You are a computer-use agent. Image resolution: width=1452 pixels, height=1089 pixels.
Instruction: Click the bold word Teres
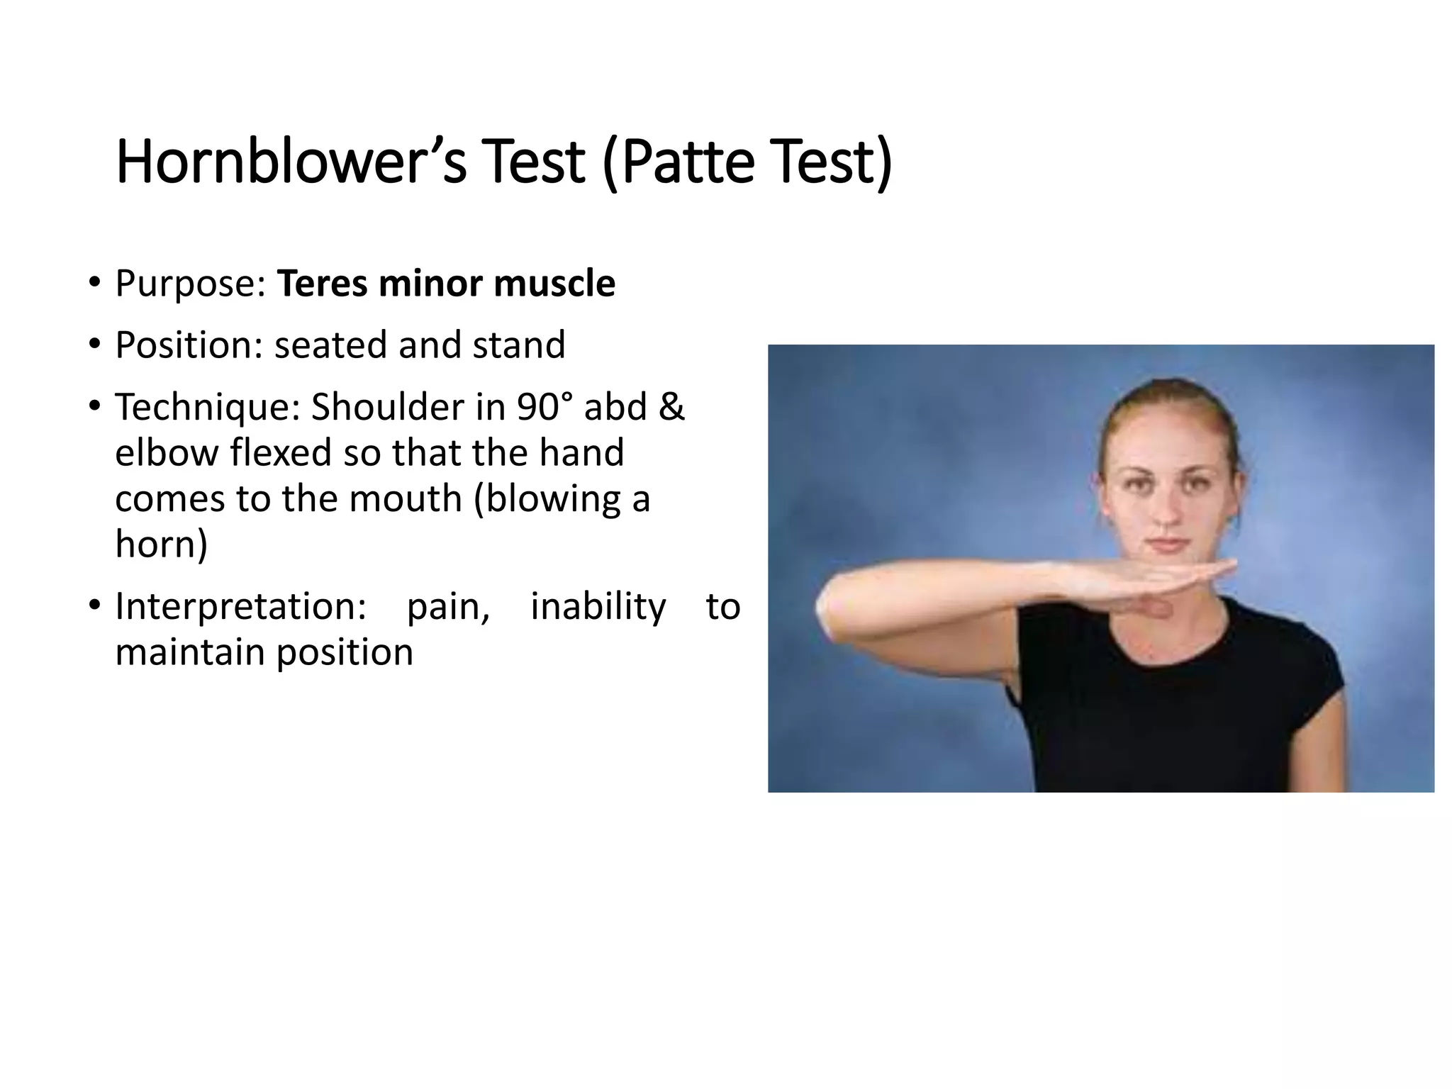coord(323,284)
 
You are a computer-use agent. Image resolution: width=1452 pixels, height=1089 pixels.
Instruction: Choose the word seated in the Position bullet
coord(330,345)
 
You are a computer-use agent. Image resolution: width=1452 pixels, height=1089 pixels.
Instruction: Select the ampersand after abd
coord(671,407)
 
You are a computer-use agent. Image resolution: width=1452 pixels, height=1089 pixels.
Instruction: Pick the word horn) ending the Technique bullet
coord(162,544)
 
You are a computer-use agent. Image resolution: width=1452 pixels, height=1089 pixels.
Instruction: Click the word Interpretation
coord(240,607)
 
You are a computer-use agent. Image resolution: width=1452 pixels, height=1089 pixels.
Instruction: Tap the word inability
coord(598,607)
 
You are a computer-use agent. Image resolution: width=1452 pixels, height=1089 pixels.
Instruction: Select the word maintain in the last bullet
coord(190,652)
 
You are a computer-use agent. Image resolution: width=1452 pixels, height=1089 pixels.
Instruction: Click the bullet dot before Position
coord(94,345)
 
